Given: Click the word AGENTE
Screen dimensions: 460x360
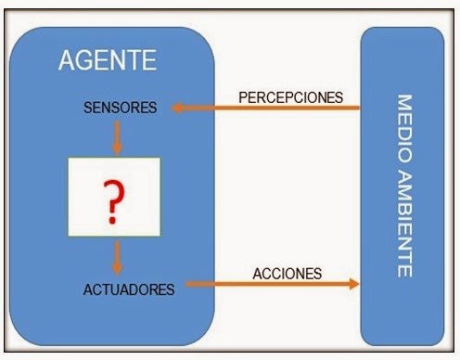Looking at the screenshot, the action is click(108, 62).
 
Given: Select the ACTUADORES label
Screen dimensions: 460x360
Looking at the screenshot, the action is click(127, 289).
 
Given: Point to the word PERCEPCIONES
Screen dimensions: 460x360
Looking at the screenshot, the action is click(290, 96).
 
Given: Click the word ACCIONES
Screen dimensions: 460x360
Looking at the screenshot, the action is click(287, 275).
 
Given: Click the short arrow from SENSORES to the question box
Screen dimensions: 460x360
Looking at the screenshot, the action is click(118, 136).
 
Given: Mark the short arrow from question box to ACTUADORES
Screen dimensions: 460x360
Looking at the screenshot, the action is click(118, 256).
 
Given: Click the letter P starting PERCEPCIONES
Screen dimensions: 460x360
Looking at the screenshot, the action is click(243, 96).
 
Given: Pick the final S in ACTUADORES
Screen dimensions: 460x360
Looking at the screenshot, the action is click(171, 289).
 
